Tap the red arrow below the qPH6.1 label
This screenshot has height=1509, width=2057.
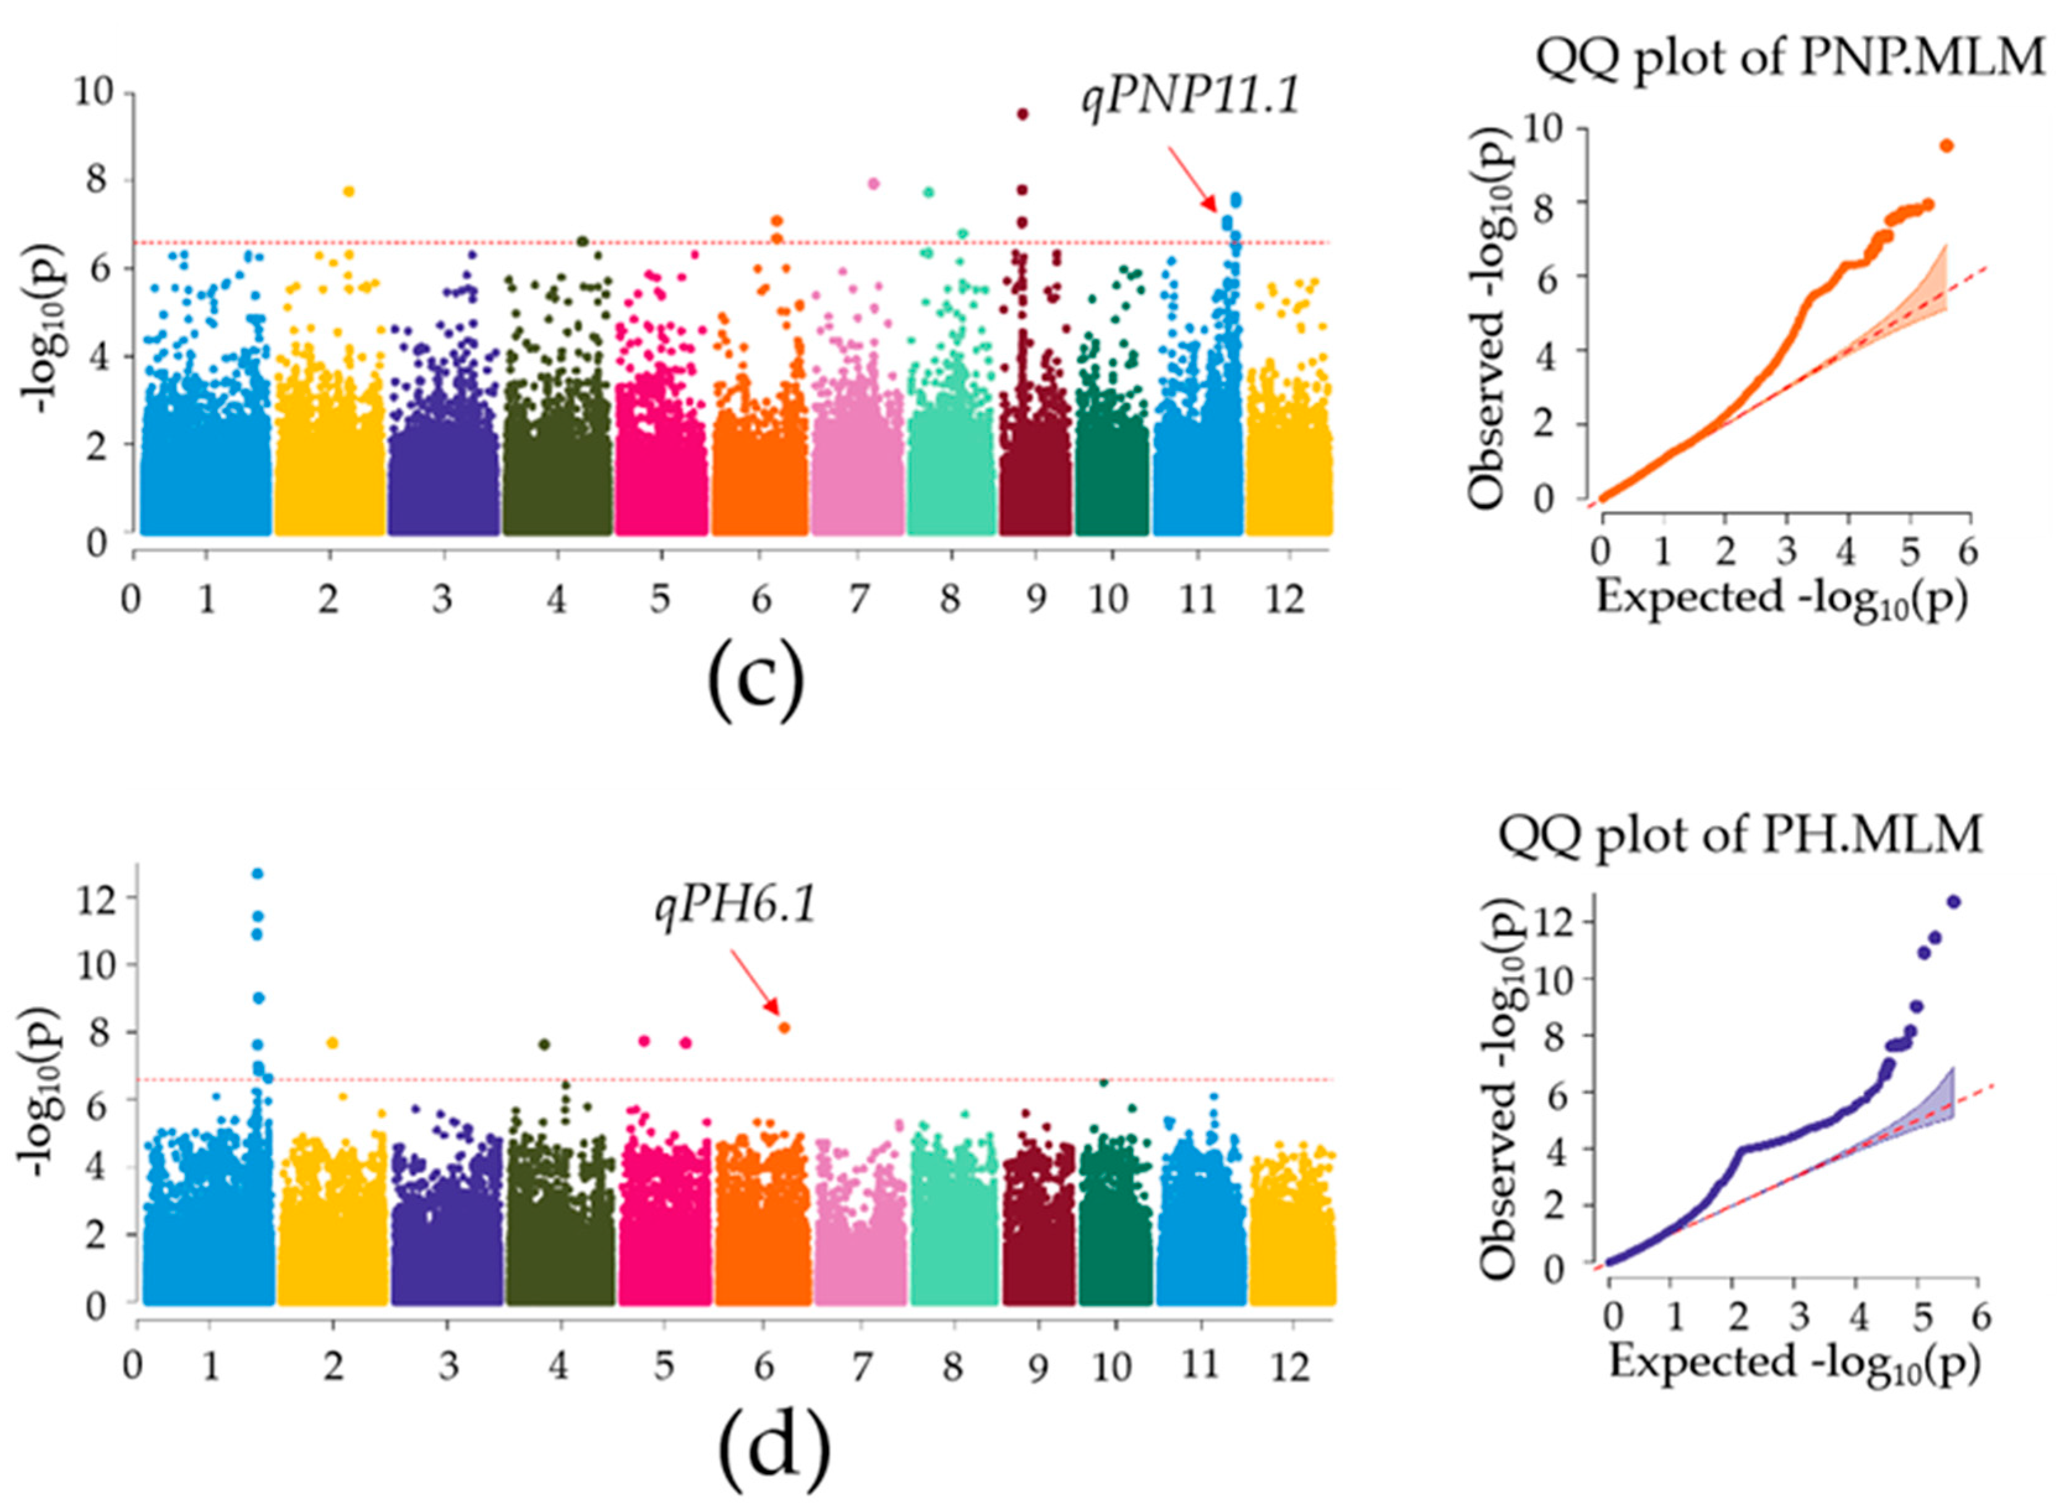point(755,983)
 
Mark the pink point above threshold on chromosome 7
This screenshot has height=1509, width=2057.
point(873,184)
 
